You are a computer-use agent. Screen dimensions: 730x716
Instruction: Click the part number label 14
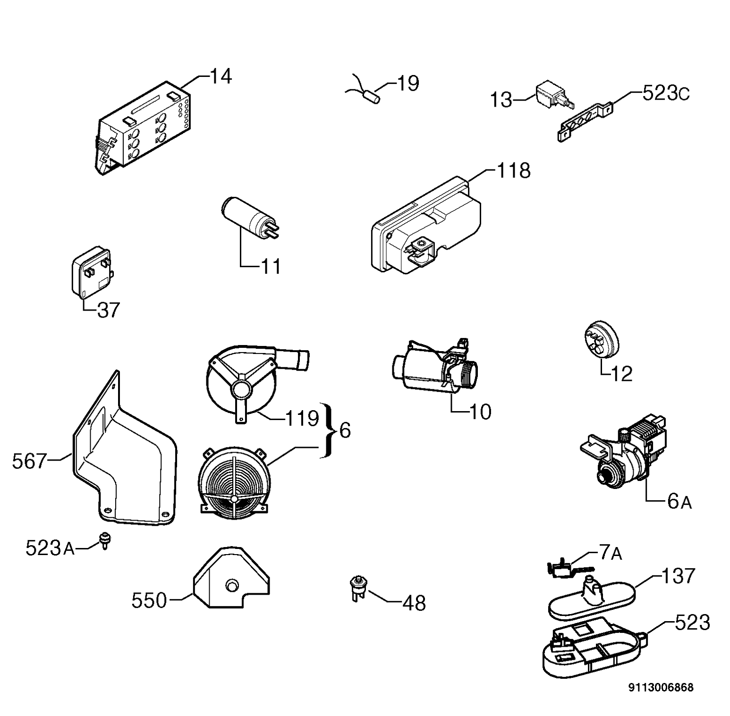221,76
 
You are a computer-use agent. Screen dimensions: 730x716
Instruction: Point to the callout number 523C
666,93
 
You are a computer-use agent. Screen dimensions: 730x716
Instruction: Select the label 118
514,170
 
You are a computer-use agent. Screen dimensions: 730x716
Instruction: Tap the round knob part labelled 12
600,338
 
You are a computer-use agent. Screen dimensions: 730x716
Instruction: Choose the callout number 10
480,412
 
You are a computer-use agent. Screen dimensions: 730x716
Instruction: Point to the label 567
29,461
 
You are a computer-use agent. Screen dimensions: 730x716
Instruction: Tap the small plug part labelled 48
358,589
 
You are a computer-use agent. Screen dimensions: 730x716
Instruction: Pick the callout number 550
149,601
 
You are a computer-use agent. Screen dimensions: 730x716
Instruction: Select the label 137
679,576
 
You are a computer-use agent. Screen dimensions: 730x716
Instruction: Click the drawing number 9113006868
661,688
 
